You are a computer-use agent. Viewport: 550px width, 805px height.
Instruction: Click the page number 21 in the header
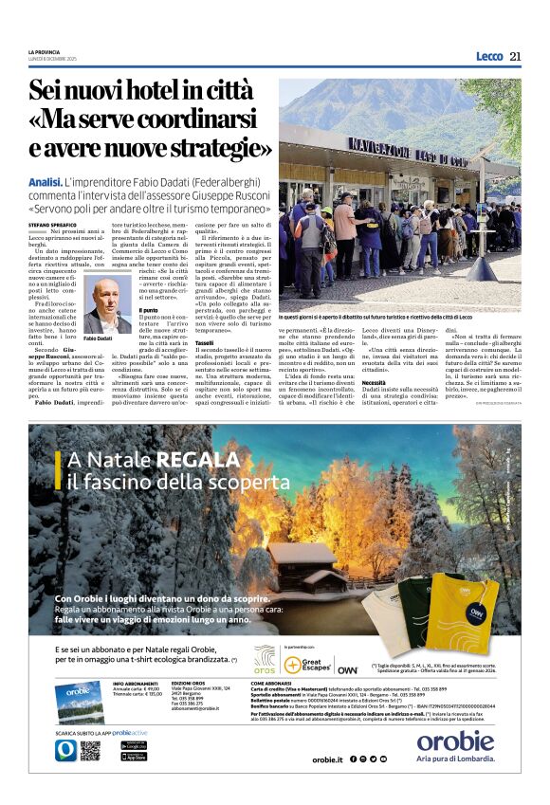click(x=516, y=56)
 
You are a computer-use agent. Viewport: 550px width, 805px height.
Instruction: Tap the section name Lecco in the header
click(x=489, y=57)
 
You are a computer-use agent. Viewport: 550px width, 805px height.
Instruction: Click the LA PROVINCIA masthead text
click(x=44, y=51)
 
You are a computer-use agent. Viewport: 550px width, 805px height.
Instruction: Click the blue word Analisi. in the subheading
click(x=46, y=181)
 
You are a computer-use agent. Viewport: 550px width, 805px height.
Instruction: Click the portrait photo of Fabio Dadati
click(x=107, y=304)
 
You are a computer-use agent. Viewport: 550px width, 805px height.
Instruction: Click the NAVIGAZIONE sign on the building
click(x=379, y=145)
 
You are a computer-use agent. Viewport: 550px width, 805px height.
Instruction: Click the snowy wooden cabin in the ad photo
click(x=302, y=567)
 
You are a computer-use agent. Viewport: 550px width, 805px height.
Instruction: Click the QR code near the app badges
click(x=89, y=750)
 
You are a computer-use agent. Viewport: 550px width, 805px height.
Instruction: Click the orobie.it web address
click(x=326, y=759)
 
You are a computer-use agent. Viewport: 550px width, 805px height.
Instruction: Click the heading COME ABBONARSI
click(x=270, y=682)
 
